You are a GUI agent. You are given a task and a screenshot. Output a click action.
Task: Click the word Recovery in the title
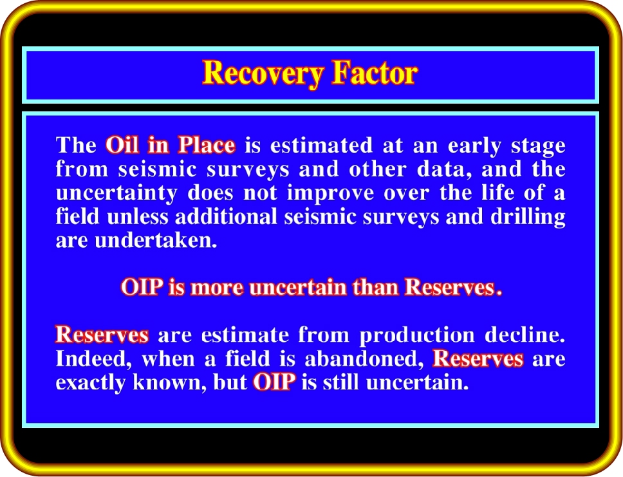[x=263, y=73]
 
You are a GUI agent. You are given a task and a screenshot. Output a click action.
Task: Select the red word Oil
[x=122, y=145]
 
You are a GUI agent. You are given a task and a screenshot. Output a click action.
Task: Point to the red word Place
[x=206, y=145]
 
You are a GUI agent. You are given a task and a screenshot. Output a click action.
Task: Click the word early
[x=474, y=146]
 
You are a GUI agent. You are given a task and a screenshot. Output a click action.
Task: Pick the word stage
[x=539, y=147]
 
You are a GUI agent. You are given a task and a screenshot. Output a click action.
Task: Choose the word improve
[x=331, y=194]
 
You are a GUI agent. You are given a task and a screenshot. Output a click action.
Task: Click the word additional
[x=226, y=217]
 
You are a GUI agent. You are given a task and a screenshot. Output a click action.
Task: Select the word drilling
[x=528, y=218]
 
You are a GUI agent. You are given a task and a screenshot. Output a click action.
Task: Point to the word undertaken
[x=156, y=241]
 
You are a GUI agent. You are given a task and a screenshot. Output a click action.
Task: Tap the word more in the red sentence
[x=217, y=288]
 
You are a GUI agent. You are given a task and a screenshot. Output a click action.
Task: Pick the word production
[x=417, y=335]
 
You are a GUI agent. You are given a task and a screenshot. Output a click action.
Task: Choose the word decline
[x=525, y=335]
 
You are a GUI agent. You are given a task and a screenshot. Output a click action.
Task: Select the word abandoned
[x=364, y=359]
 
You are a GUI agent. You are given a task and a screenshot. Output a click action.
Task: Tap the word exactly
[x=90, y=383]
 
